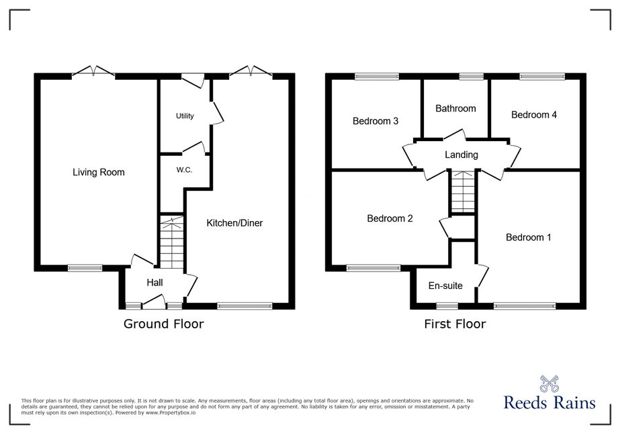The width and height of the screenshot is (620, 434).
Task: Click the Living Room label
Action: point(99,172)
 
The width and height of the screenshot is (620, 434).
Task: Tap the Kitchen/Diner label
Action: point(234,223)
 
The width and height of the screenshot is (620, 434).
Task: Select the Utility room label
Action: point(185,116)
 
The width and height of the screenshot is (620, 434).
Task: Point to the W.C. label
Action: point(184,170)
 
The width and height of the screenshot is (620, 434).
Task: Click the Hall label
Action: point(154,282)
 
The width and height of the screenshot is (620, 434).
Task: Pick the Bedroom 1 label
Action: point(528,237)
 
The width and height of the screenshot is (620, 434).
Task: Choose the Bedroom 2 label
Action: point(390,218)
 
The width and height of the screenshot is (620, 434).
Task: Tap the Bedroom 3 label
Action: point(375,121)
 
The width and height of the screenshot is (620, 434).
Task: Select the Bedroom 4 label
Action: point(534,115)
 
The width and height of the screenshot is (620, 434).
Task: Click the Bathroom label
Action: point(455,108)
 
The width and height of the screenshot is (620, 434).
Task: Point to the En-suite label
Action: point(445,286)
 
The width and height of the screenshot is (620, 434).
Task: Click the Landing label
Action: point(461,155)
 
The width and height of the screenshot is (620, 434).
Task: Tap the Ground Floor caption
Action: point(164,324)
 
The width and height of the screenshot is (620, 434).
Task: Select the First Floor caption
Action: point(455,324)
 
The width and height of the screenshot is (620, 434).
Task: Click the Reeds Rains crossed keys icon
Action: point(549,384)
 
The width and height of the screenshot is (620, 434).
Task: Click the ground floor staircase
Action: point(172,244)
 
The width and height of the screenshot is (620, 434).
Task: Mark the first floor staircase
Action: point(463,192)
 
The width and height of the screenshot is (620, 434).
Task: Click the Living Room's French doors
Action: point(94,72)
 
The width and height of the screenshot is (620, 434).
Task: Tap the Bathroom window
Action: point(472,77)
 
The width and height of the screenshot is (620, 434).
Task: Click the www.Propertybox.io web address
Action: point(171,413)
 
